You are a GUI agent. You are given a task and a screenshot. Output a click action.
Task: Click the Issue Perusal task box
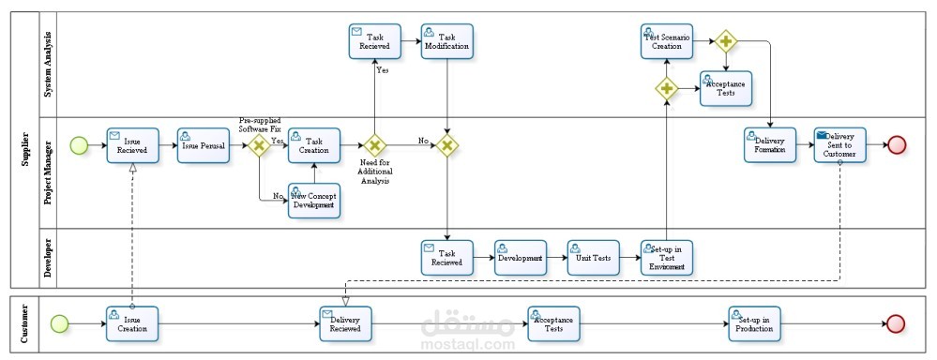click(x=204, y=145)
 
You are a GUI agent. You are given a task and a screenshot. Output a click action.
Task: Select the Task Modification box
click(x=447, y=41)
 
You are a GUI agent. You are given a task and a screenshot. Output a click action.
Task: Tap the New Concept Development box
click(x=314, y=200)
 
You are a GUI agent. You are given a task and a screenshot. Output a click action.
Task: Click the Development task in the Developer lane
click(x=521, y=258)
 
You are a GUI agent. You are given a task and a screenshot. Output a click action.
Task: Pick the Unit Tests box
click(x=594, y=258)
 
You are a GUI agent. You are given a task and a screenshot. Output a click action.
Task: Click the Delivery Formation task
click(x=770, y=145)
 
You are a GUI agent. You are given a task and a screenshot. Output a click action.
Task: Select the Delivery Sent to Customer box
click(x=839, y=145)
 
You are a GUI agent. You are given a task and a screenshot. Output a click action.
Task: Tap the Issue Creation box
click(x=132, y=323)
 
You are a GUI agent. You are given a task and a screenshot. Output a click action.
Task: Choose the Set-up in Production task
click(x=755, y=323)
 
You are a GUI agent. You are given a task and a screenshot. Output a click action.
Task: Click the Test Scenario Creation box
click(x=667, y=41)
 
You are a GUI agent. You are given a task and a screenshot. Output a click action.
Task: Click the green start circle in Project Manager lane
click(x=79, y=144)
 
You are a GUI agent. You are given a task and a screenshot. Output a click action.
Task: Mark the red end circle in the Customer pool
click(x=896, y=323)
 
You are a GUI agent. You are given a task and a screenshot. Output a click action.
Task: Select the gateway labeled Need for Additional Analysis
click(x=374, y=144)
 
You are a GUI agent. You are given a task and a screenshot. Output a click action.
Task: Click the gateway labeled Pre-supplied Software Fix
click(x=260, y=144)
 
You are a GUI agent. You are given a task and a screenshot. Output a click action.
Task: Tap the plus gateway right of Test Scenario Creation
click(x=726, y=41)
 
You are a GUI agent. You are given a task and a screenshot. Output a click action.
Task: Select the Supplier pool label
click(x=25, y=149)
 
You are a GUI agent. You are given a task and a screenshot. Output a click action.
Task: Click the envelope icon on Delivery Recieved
click(x=327, y=313)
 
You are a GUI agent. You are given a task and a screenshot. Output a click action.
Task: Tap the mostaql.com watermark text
click(x=468, y=345)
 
